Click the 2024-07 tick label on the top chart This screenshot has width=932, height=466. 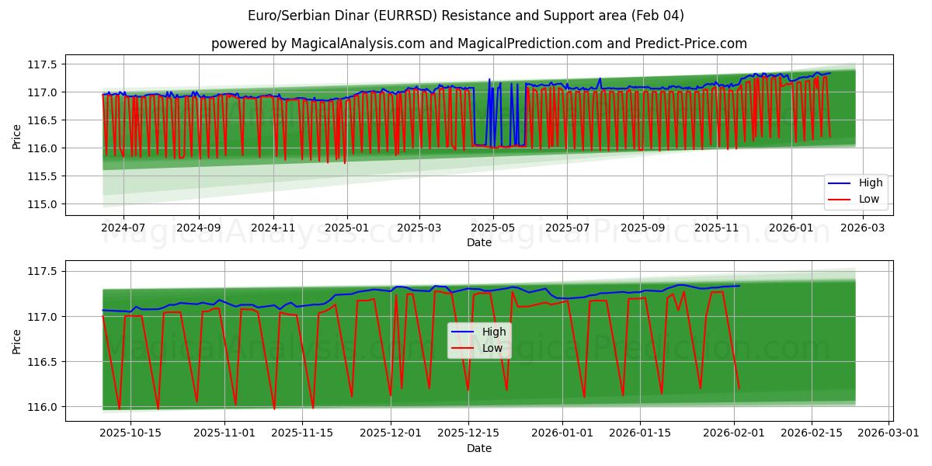click(124, 228)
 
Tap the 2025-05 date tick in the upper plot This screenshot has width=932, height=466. click(493, 228)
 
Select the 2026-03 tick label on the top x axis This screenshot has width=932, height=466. click(864, 228)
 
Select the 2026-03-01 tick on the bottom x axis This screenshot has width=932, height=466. click(889, 433)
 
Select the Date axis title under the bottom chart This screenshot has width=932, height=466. click(479, 448)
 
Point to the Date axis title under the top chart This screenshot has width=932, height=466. click(479, 242)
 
